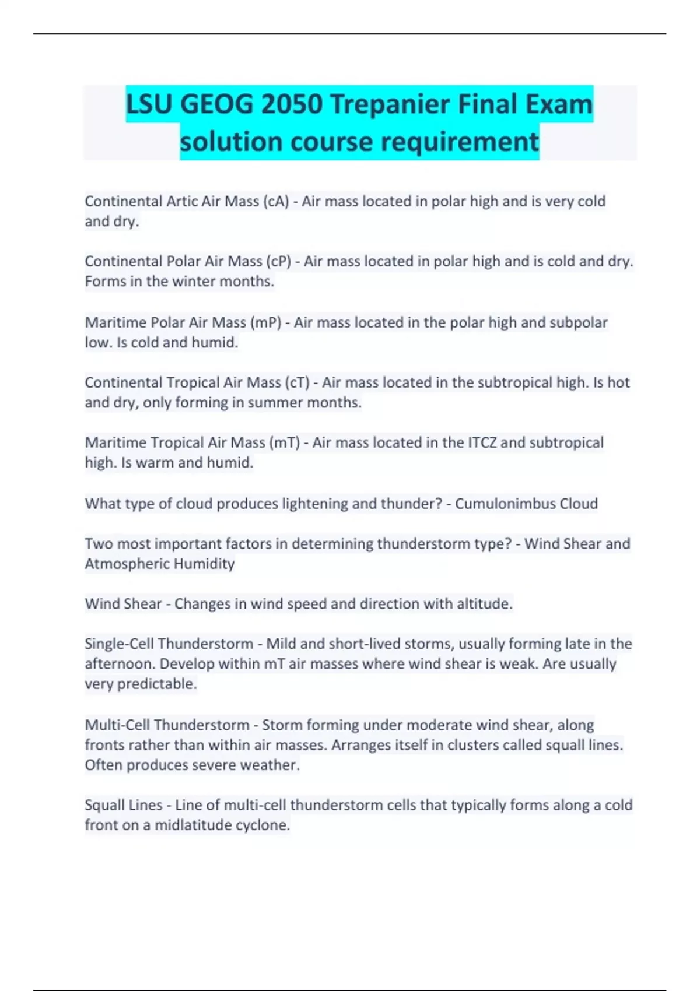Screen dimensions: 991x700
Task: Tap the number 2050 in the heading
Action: pos(292,105)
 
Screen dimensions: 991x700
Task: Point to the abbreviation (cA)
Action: pos(276,202)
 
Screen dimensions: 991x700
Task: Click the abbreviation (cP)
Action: pos(278,262)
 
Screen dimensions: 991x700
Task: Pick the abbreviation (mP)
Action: pos(266,322)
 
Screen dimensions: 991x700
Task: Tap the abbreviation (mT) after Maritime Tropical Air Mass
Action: pos(285,443)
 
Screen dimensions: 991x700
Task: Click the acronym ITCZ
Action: pos(482,443)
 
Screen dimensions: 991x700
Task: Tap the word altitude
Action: pos(484,604)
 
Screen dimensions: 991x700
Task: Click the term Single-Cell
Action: pos(119,644)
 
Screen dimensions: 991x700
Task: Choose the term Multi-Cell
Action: pos(116,725)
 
